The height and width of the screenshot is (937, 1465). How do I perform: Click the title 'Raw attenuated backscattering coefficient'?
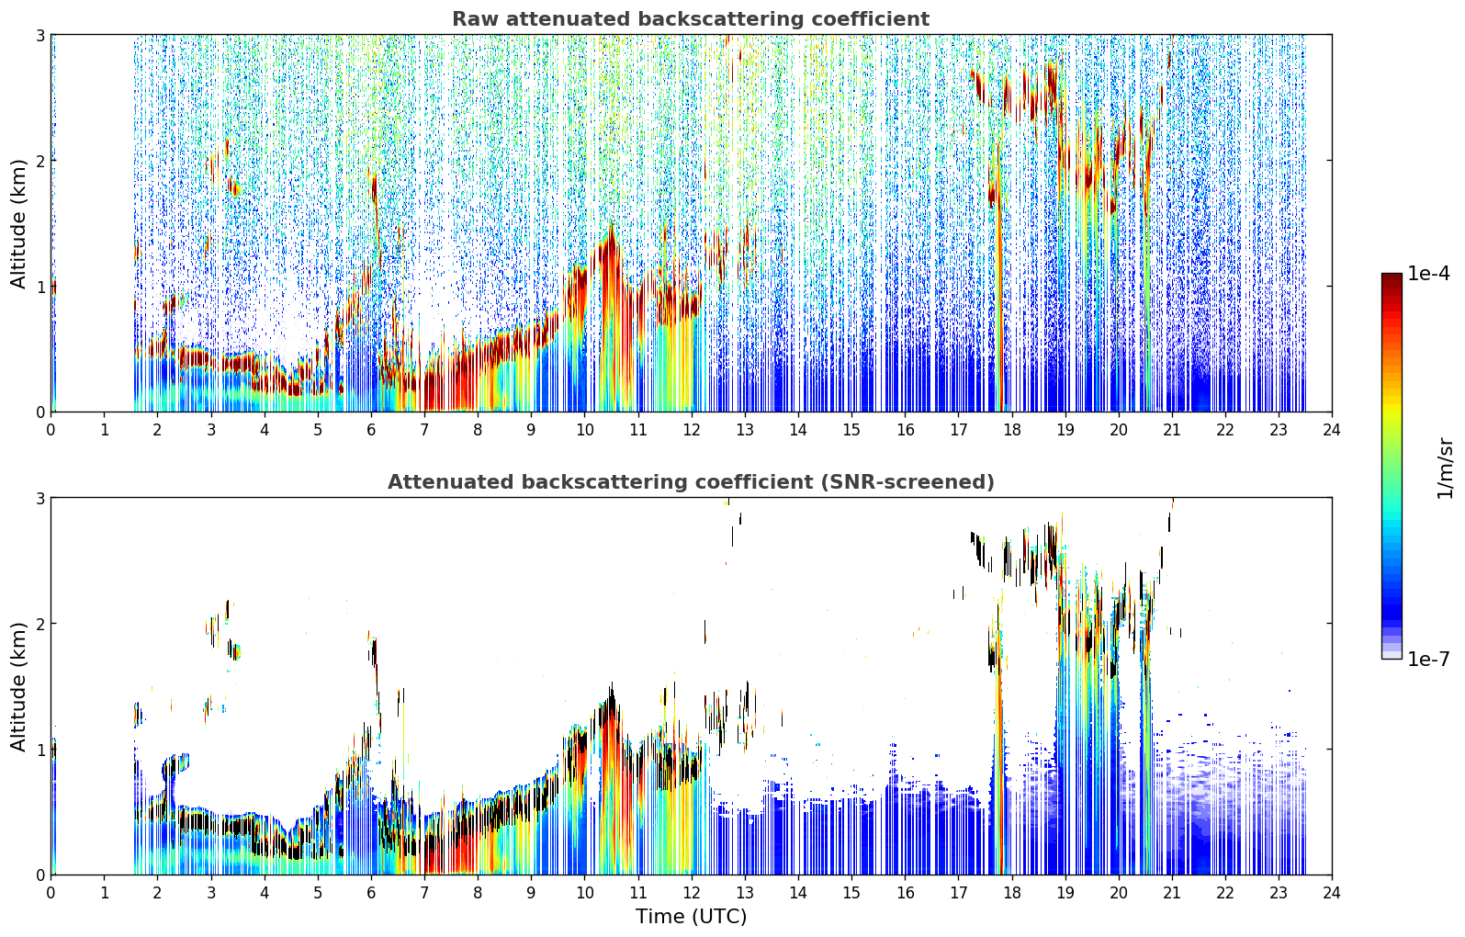pos(691,19)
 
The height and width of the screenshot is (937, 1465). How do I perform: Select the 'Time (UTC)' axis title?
pos(691,916)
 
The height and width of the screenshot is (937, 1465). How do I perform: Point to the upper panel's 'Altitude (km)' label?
pos(18,224)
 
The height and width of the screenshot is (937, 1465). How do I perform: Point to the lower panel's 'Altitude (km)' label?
pos(18,686)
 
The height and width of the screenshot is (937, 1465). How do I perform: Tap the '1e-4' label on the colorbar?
pos(1428,273)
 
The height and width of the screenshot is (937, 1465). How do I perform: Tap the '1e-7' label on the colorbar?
pos(1428,659)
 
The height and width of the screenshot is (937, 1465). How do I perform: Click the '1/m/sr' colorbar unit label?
pos(1445,468)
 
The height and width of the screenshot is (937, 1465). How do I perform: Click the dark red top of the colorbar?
pos(1392,277)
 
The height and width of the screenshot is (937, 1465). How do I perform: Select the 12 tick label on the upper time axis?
pos(692,430)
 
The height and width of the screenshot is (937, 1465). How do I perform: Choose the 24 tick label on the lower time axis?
pos(1332,893)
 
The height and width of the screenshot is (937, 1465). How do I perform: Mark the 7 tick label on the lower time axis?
pos(424,893)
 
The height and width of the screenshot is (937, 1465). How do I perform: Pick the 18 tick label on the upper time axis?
pos(1012,430)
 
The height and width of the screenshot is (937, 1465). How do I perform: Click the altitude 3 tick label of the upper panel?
pos(39,35)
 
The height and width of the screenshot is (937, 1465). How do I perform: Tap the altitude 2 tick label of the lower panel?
pos(39,624)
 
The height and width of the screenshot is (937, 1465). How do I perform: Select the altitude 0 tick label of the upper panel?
pos(39,412)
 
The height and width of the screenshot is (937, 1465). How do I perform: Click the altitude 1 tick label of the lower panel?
pos(39,750)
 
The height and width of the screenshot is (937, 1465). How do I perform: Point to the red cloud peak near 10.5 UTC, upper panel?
pos(612,235)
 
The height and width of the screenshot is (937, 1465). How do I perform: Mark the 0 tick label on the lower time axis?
pos(51,893)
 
